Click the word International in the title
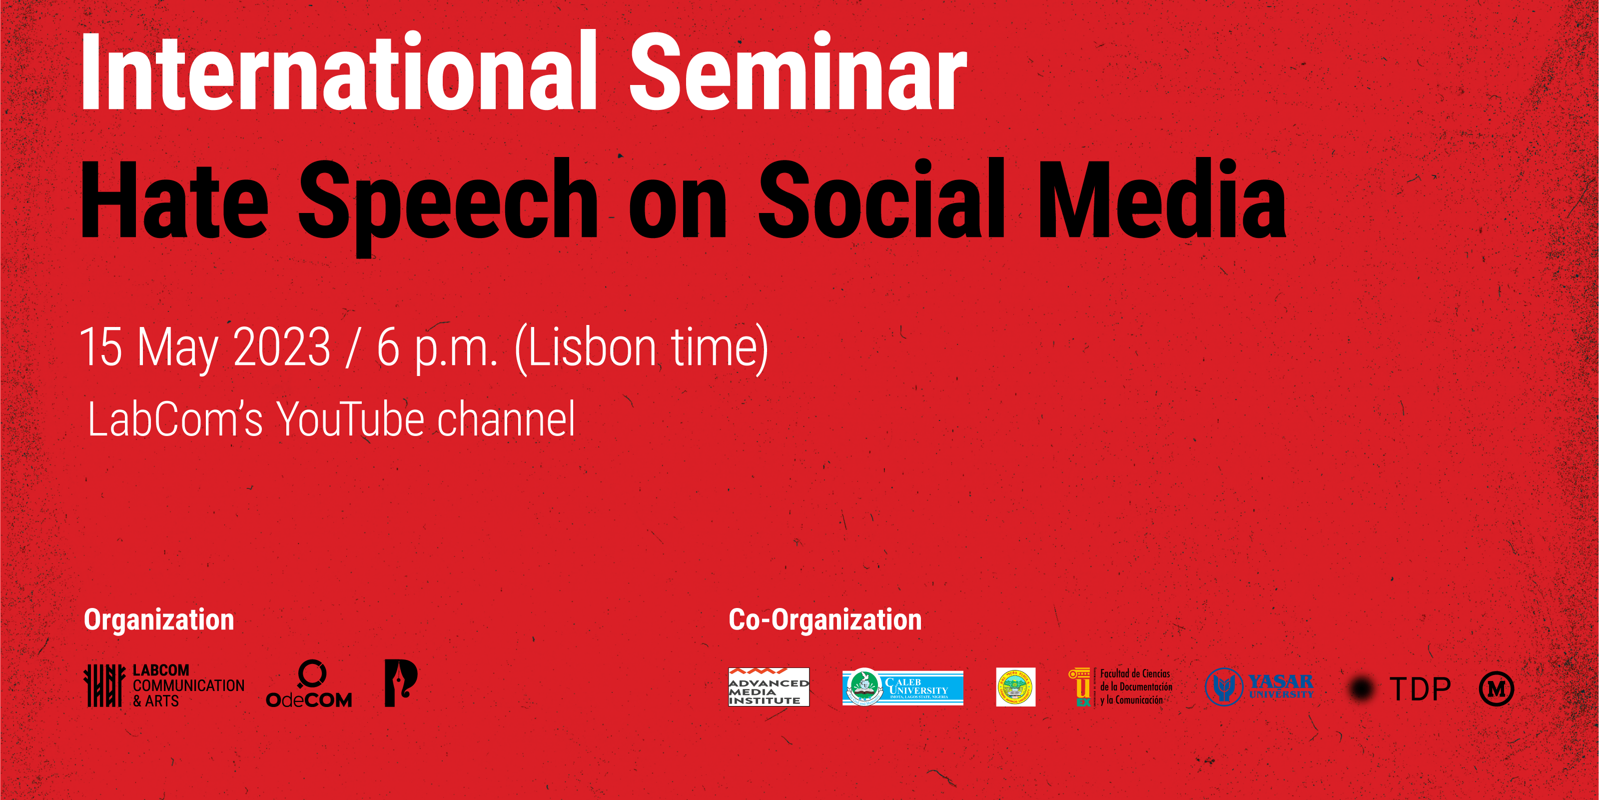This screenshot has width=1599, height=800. click(338, 73)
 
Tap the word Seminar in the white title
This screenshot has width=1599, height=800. click(798, 73)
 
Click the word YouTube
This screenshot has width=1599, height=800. click(350, 420)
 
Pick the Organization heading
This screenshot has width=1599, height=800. click(159, 620)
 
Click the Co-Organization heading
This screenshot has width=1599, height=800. click(825, 620)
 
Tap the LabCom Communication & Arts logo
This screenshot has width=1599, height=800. click(164, 685)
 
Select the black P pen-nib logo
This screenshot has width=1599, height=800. click(400, 682)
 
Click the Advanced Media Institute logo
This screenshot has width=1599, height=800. click(769, 687)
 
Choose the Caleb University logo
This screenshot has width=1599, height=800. click(902, 687)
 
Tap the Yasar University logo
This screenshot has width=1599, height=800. click(1259, 687)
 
